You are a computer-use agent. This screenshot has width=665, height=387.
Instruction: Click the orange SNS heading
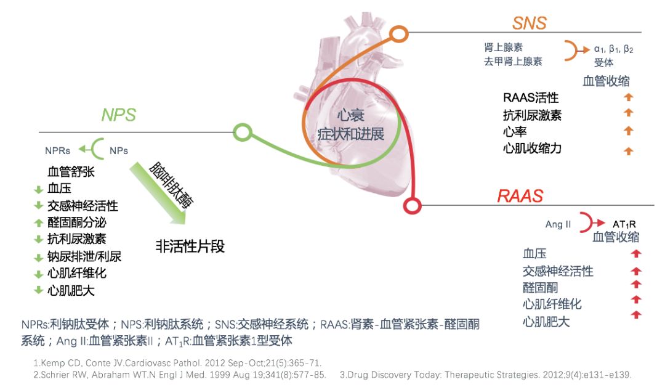coord(530,23)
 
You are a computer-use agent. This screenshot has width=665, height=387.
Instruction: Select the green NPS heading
coord(119,115)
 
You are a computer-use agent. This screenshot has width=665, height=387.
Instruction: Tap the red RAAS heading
coord(520,196)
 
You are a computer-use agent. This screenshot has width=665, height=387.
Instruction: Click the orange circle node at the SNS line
coord(398,34)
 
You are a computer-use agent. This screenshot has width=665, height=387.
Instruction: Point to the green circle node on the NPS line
coord(243,132)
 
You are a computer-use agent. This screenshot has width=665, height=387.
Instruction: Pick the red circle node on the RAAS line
coord(412,205)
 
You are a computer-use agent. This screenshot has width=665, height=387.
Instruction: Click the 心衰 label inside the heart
coord(350,115)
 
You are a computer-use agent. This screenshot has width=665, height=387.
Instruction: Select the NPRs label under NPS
coord(58,150)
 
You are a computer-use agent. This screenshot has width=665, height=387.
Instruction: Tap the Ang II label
coord(558,224)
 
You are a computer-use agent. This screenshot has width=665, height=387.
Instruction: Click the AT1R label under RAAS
coord(624,224)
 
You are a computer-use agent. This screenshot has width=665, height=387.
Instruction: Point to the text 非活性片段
coord(190,246)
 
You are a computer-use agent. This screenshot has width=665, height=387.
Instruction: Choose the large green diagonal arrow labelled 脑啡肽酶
coord(158,193)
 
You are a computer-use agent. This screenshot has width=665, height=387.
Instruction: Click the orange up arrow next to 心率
coord(629,131)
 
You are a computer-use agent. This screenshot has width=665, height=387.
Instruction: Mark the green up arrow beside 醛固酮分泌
coord(39,222)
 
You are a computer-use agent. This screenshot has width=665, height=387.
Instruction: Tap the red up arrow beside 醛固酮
coord(635,284)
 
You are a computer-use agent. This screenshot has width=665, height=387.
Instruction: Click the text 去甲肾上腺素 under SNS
coord(513,62)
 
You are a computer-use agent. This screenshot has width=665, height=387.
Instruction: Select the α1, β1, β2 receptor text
coord(613,49)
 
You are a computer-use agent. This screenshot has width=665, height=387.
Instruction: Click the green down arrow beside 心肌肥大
coord(39,290)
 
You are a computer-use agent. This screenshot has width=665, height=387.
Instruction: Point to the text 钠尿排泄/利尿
coord(84,257)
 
